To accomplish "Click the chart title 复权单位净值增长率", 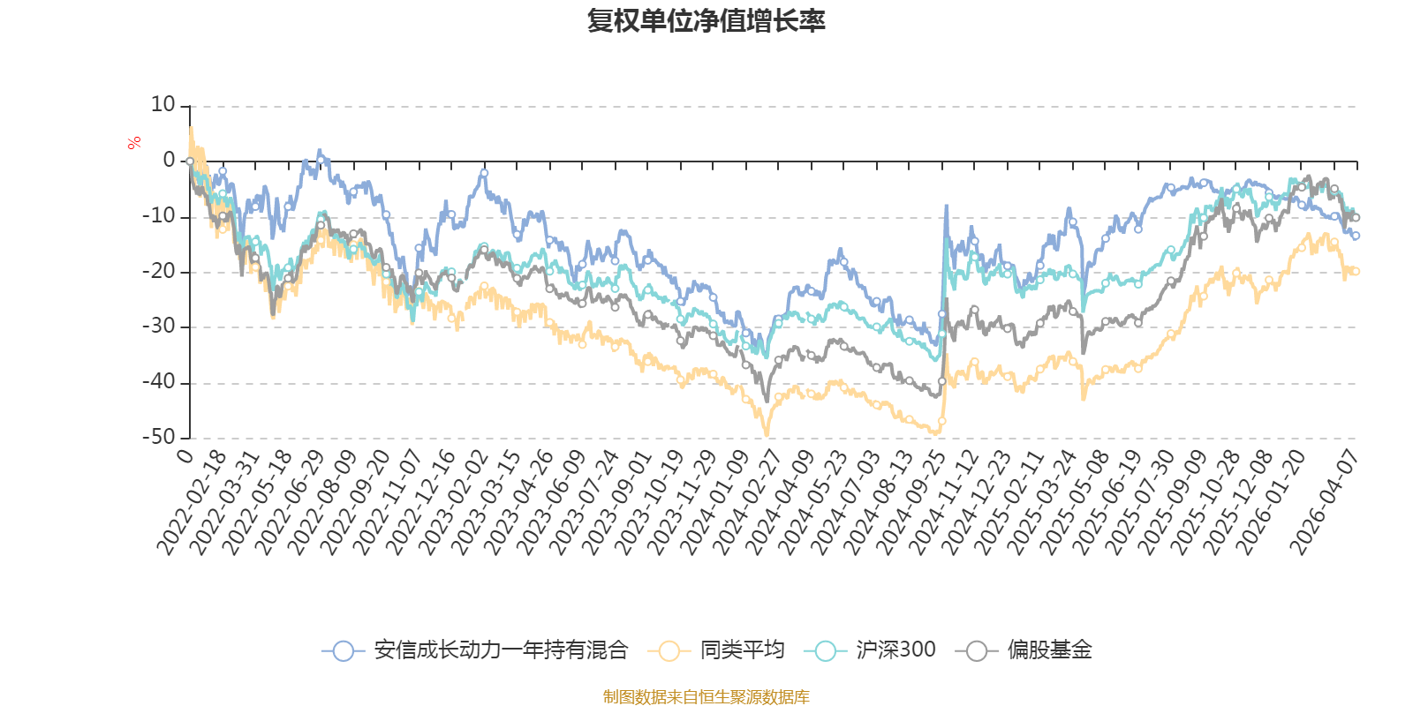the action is [x=706, y=21].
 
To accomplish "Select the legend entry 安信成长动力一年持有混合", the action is [x=474, y=650].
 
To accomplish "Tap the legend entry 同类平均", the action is [x=716, y=650].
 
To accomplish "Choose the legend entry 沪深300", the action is [x=870, y=650].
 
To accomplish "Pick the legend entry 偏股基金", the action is [x=1024, y=650].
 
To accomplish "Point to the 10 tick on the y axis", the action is [x=162, y=105].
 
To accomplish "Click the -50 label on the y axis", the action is [x=159, y=437].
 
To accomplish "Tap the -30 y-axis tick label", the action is [x=159, y=327].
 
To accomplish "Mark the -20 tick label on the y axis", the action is [x=159, y=271].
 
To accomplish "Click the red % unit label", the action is [x=133, y=143].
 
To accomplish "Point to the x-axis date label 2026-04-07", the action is [x=1323, y=502].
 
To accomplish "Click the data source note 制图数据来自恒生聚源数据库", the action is [x=706, y=696].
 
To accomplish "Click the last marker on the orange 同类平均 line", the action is [x=1356, y=271].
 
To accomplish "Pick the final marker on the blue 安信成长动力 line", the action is [x=1356, y=236].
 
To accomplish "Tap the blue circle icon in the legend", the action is [x=344, y=650].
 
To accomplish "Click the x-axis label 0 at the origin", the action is [x=185, y=456].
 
